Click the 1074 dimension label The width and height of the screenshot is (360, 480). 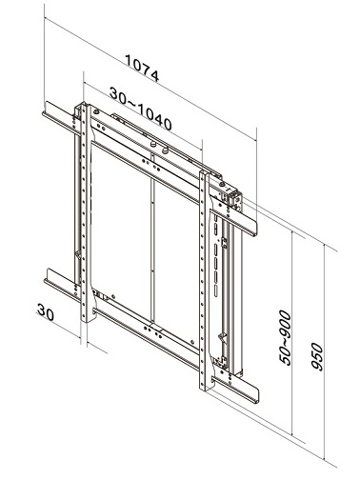point(142,68)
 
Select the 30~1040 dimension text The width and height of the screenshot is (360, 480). point(141,109)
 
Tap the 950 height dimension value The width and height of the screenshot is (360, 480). point(317,356)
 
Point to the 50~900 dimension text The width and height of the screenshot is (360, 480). point(285,338)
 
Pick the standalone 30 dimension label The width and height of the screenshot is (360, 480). point(46,311)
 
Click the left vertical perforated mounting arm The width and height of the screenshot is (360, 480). point(86,212)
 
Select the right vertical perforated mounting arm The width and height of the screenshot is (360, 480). point(206,281)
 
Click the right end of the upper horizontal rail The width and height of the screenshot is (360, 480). point(255,229)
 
